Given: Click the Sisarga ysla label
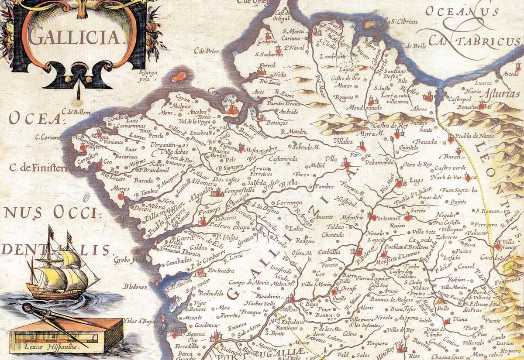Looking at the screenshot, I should click(148, 76).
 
